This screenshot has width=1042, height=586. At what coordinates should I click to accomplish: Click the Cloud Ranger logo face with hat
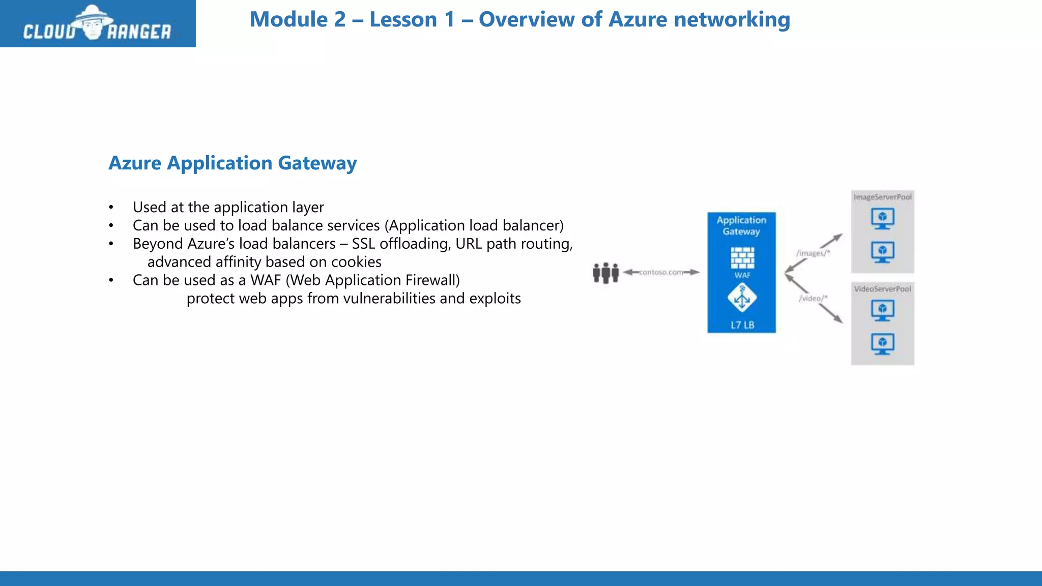pos(92,23)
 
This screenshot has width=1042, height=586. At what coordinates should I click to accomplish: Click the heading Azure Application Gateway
pos(233,163)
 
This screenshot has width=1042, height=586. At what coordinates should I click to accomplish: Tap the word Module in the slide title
pos(288,20)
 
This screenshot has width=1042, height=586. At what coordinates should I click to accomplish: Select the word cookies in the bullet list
pos(356,262)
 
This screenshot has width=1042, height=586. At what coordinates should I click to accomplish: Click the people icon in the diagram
pos(605,273)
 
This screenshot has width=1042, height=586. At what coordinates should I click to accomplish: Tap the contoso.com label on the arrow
pos(661,272)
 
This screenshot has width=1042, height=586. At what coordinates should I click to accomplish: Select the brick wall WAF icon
pos(742,258)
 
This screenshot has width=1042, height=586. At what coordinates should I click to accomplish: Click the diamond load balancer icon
pos(742,298)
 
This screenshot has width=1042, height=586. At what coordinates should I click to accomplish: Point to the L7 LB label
pos(742,325)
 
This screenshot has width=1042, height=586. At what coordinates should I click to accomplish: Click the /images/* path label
pos(813,253)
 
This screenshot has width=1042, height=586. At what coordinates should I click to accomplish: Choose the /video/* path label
pos(813,298)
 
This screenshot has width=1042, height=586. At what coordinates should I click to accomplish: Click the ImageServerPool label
pos(882,197)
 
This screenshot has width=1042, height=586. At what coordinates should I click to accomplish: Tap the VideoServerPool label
pos(882,289)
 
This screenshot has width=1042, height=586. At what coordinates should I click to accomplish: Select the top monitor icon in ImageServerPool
pos(882,219)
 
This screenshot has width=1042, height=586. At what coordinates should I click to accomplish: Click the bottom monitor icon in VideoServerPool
pos(882,344)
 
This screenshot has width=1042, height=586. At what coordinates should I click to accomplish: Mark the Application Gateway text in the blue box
pos(741,225)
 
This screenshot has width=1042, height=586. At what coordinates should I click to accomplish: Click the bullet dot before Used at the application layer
pos(111,208)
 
